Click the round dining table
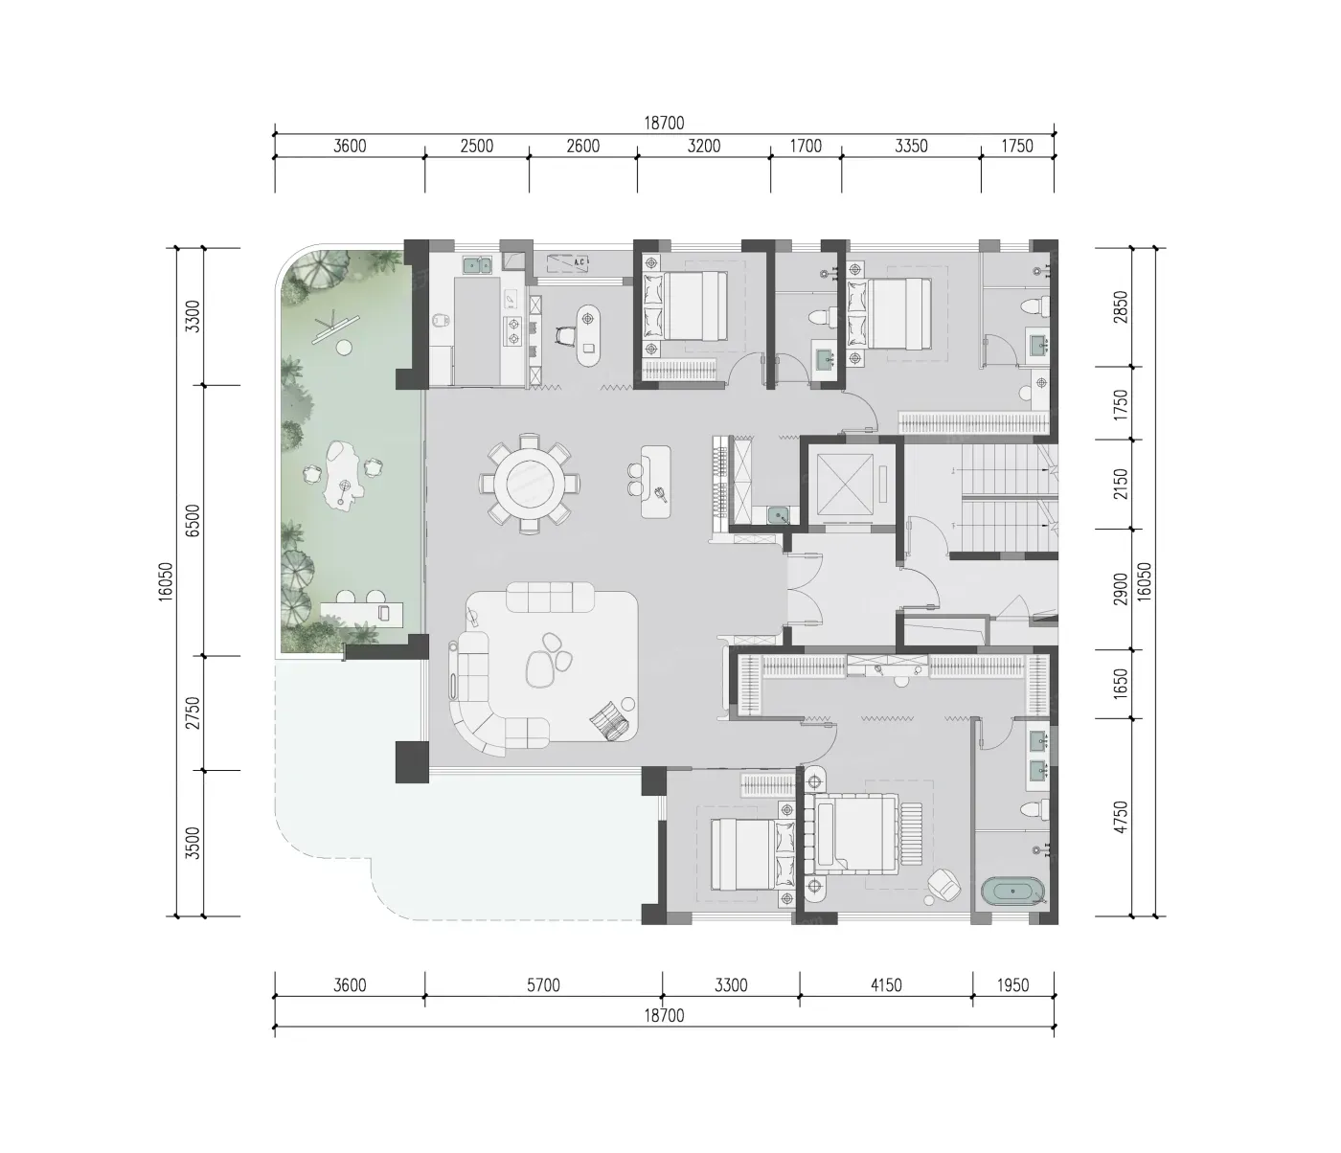[530, 483]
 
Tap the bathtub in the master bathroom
[1012, 892]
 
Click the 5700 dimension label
[543, 985]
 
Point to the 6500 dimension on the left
[193, 520]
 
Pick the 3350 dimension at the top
[911, 146]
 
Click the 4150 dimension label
[886, 985]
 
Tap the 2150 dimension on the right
[1121, 484]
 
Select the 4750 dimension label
[1121, 817]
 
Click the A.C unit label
[580, 261]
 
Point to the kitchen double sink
[478, 264]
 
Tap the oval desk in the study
[588, 336]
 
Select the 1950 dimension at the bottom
[1012, 985]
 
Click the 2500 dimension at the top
[477, 146]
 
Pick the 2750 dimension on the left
[193, 712]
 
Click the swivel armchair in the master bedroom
[943, 885]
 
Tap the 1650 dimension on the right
[1121, 684]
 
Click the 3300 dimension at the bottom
[731, 985]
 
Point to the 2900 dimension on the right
[1121, 589]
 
